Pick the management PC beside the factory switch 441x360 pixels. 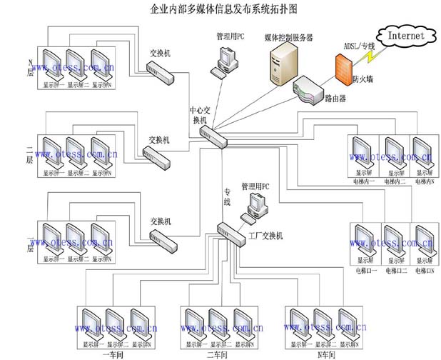coord(254,206)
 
